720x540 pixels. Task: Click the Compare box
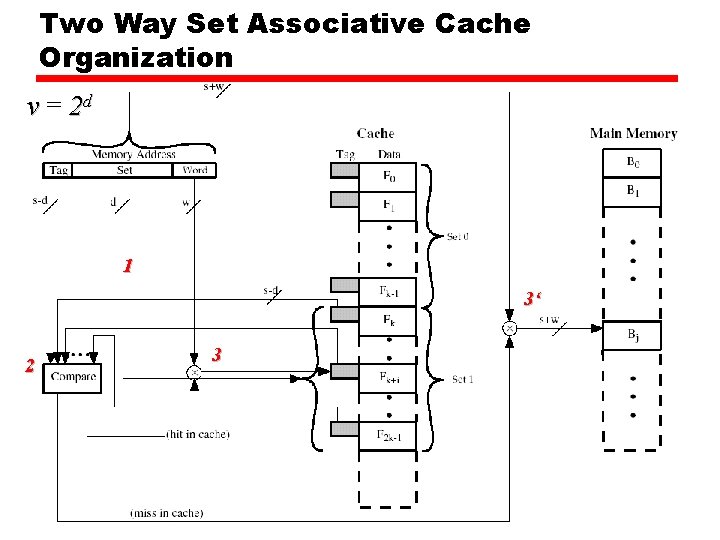tap(72, 376)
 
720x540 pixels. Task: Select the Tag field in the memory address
tap(58, 170)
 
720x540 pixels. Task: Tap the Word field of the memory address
tap(195, 170)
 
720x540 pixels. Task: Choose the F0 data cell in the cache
tap(388, 177)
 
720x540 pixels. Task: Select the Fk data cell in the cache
tap(388, 321)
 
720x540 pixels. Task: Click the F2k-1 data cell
tap(388, 435)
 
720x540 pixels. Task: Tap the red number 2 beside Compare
tap(29, 366)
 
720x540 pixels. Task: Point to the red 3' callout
tap(532, 298)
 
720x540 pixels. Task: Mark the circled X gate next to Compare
tap(193, 371)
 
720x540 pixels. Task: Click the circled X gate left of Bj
tap(509, 327)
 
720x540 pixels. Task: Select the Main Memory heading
tap(633, 133)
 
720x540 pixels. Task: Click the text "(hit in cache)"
tap(198, 434)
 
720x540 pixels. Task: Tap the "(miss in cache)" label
tap(167, 513)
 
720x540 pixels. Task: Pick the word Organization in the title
tap(136, 57)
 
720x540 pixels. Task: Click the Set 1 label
tap(463, 379)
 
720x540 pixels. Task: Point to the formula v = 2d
tap(62, 106)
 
